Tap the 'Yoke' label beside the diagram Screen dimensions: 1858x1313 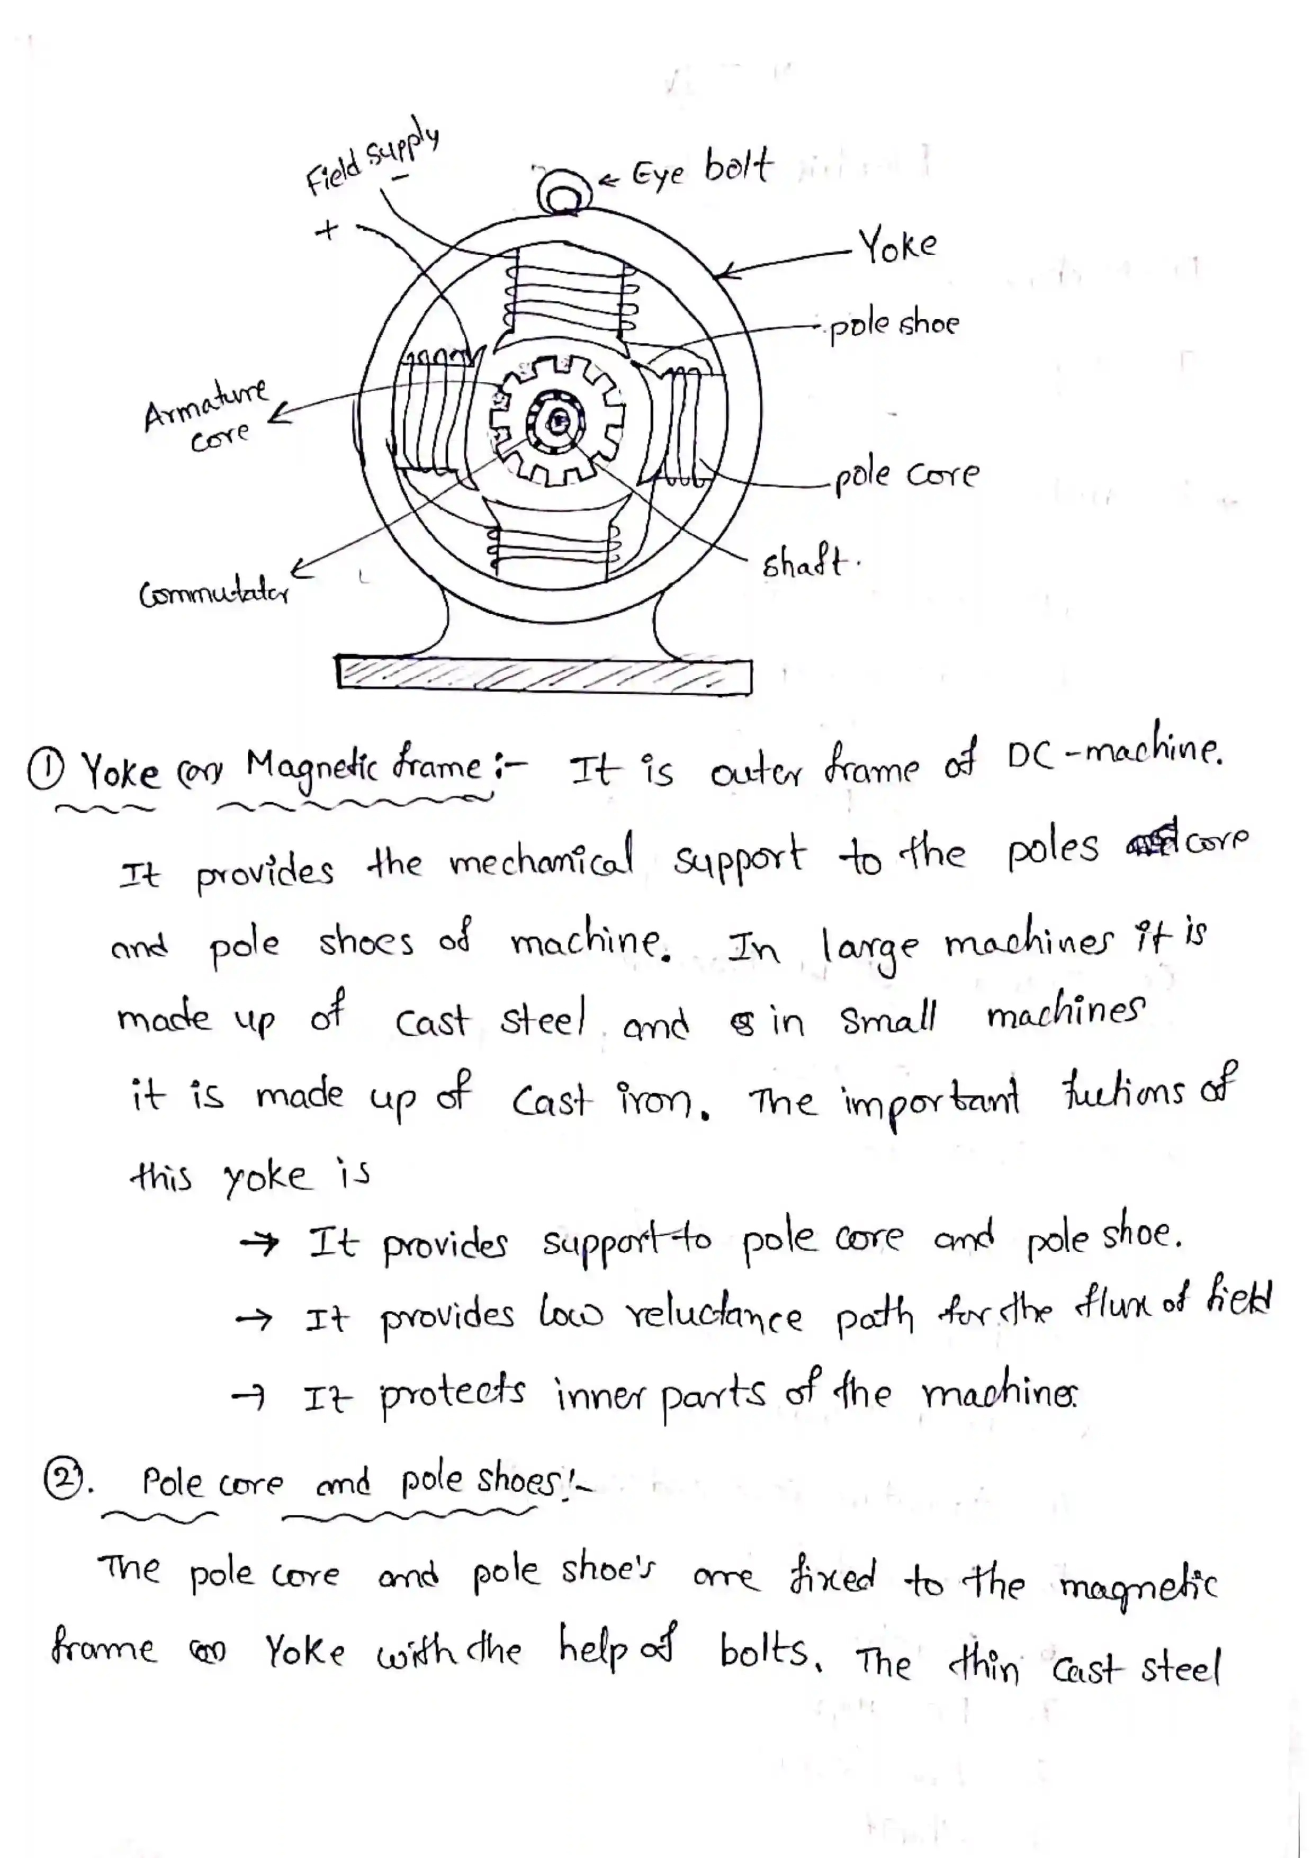[897, 245]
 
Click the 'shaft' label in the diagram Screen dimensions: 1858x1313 [805, 562]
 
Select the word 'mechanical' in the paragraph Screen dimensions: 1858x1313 [541, 859]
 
